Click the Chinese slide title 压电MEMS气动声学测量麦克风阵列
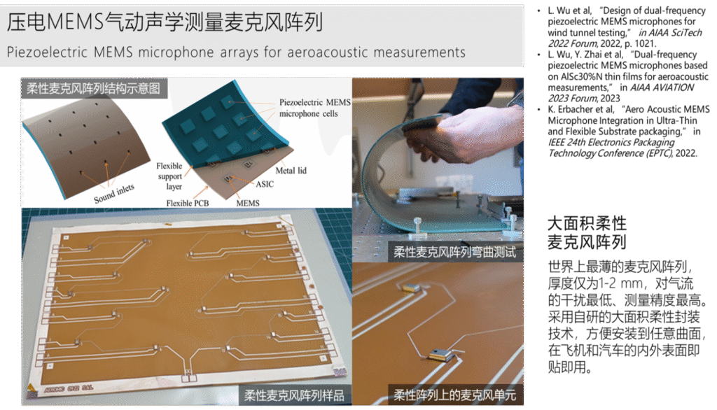point(165,22)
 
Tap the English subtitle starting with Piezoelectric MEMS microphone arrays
point(236,52)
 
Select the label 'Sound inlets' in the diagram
point(114,193)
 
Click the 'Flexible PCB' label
point(188,203)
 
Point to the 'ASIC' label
point(265,184)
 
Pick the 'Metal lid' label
point(291,171)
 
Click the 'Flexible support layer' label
point(169,176)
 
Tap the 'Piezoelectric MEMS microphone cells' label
point(315,108)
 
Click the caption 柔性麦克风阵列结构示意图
point(93,87)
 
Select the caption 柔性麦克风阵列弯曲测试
point(454,252)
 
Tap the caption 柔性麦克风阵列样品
point(294,395)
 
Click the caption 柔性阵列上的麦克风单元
point(454,395)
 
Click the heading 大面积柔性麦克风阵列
point(587,233)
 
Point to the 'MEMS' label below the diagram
point(248,203)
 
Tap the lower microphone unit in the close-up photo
point(443,354)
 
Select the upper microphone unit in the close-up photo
point(410,287)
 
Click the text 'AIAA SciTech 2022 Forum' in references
point(625,38)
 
